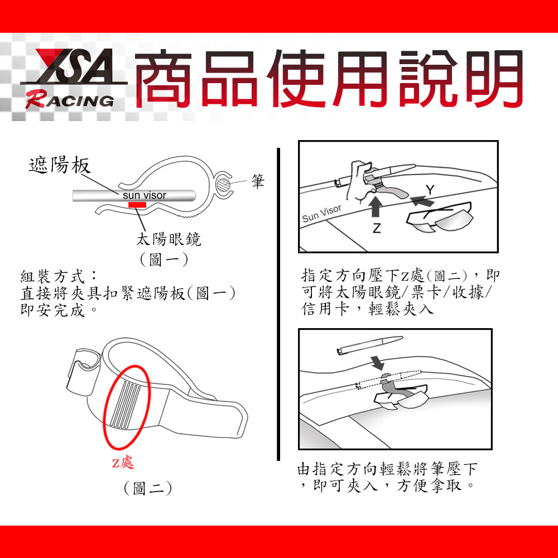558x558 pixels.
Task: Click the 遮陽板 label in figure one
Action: click(60, 165)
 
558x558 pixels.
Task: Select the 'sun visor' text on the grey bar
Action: click(145, 195)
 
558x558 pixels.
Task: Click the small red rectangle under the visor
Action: click(137, 205)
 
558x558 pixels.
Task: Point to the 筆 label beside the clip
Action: click(258, 181)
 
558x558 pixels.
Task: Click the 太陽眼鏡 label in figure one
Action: click(169, 239)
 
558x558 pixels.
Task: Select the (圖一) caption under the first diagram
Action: click(163, 259)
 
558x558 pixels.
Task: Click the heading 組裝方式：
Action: click(59, 277)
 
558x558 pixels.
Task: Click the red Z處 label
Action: click(123, 462)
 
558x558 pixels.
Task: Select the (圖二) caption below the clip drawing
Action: click(148, 488)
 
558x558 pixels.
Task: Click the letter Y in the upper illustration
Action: click(430, 190)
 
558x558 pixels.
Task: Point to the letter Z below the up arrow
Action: click(377, 228)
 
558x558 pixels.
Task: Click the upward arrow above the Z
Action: click(375, 206)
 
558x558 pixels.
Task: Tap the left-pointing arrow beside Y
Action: click(422, 201)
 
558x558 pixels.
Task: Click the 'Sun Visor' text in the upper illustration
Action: click(322, 214)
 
